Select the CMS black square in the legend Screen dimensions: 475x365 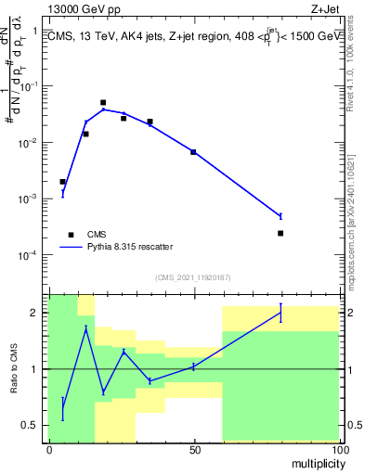tap(70, 235)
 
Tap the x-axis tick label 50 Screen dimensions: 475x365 tap(194, 449)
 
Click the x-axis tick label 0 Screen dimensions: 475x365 tap(49, 449)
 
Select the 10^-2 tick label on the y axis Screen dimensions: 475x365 tap(29, 143)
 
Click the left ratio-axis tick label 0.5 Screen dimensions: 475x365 tap(33, 426)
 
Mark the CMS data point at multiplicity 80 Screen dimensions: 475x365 tap(280, 233)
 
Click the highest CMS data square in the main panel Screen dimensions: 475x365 tap(103, 102)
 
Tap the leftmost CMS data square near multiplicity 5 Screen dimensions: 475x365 tap(62, 182)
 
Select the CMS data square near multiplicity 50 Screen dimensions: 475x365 tap(193, 151)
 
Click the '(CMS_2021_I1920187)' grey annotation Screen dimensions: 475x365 tap(194, 276)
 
